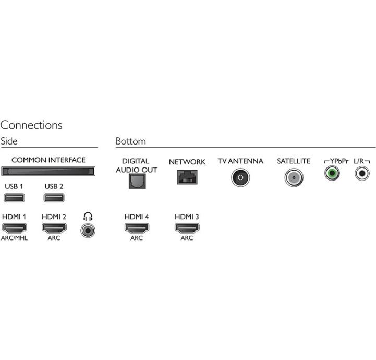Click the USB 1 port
pyautogui.click(x=14, y=198)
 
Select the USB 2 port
pyautogui.click(x=54, y=198)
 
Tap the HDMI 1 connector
pyautogui.click(x=14, y=228)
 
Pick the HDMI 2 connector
pyautogui.click(x=54, y=228)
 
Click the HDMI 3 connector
pyautogui.click(x=187, y=228)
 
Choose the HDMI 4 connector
pyautogui.click(x=137, y=228)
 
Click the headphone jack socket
pyautogui.click(x=88, y=231)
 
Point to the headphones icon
pyautogui.click(x=88, y=217)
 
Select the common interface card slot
pyautogui.click(x=48, y=171)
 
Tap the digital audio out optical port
pyautogui.click(x=137, y=181)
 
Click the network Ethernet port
pyautogui.click(x=187, y=177)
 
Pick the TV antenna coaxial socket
pyautogui.click(x=240, y=177)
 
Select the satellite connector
pyautogui.click(x=294, y=178)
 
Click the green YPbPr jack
pyautogui.click(x=332, y=173)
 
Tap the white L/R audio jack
pyautogui.click(x=362, y=173)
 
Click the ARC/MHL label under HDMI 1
pyautogui.click(x=14, y=238)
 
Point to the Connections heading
pyautogui.click(x=31, y=125)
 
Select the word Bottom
pyautogui.click(x=131, y=141)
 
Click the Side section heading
pyautogui.click(x=9, y=141)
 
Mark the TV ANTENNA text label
pyautogui.click(x=240, y=161)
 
